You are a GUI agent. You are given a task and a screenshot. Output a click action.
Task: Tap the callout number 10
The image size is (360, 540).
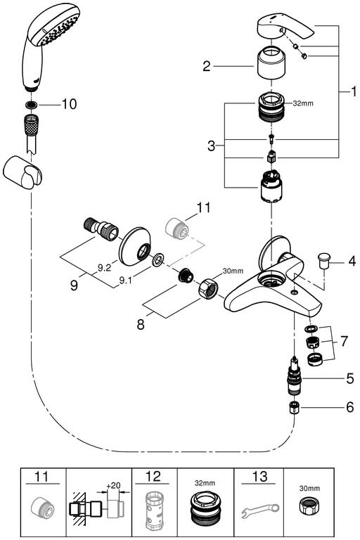69,103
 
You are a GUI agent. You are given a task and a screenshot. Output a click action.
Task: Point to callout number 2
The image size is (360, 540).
206,66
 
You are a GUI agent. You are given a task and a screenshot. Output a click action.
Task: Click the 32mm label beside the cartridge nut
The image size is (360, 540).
303,103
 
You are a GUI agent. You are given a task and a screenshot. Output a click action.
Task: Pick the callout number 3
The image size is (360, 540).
211,146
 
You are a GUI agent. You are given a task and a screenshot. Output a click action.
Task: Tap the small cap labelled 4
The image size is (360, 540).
323,260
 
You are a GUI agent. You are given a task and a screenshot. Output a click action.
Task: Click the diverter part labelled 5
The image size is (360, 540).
294,378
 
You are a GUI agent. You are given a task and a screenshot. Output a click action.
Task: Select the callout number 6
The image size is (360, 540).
349,407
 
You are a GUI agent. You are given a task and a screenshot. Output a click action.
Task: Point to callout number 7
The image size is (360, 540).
344,341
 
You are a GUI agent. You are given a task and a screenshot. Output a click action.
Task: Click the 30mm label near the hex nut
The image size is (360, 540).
233,271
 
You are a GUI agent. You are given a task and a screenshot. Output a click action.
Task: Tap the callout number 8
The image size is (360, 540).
141,324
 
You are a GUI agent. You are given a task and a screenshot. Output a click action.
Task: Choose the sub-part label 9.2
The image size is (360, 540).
103,268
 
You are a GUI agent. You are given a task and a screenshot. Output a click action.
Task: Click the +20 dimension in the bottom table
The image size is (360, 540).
113,486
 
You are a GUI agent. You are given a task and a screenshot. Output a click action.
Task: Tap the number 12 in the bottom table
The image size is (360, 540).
153,477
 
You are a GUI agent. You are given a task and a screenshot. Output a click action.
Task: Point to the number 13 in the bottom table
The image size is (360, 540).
259,477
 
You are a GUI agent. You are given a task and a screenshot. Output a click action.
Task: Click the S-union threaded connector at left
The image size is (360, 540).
101,228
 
